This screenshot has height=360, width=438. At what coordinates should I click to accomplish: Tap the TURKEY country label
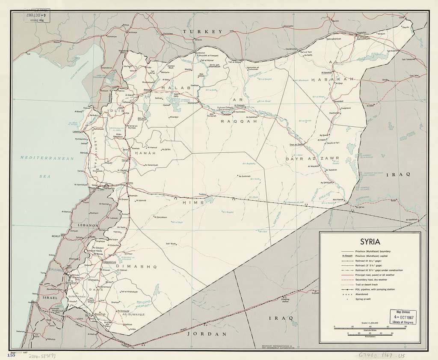(202, 31)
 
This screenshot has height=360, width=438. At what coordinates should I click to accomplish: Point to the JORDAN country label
(208, 333)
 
